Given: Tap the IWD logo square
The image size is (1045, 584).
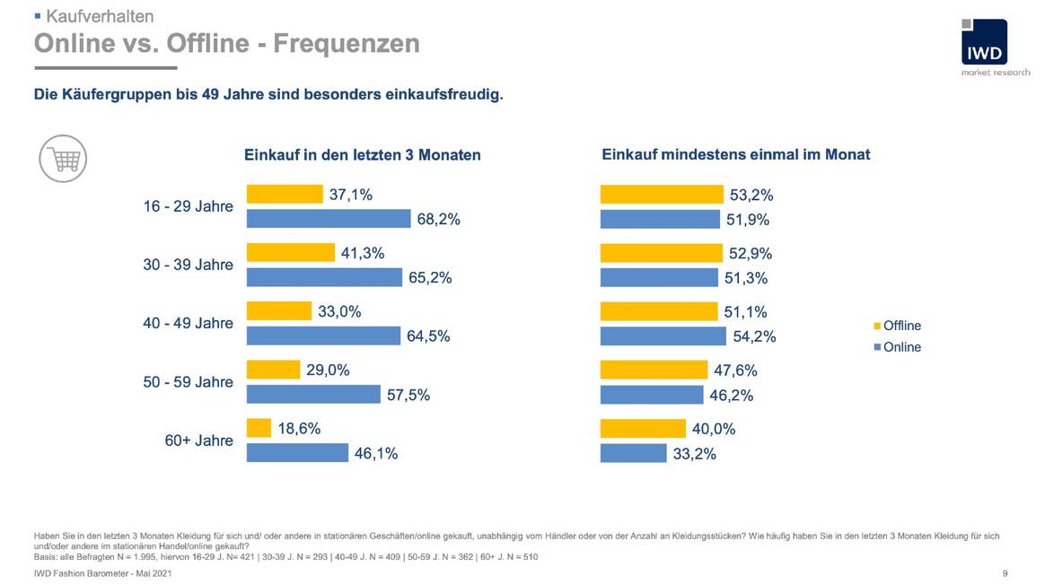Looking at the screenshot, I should click(983, 42).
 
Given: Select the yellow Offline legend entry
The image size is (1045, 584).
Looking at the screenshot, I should click(897, 326).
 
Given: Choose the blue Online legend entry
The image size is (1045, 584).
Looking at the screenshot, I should click(897, 347).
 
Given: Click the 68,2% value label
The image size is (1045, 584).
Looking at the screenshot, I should click(438, 219).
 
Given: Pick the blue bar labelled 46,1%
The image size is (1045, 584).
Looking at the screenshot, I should click(297, 452).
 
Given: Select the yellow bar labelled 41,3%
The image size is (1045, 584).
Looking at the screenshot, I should click(290, 253).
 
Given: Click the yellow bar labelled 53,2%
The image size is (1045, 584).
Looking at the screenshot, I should click(661, 195).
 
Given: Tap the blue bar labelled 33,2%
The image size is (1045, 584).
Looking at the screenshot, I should click(633, 453).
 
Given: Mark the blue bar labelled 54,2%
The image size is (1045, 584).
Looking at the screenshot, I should click(663, 336).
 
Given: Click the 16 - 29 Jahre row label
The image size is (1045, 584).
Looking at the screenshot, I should click(188, 206).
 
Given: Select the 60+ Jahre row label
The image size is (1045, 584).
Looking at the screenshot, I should click(198, 440).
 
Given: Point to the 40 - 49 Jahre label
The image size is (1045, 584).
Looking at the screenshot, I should click(188, 323).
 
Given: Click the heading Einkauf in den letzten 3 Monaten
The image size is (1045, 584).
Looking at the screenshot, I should click(363, 155).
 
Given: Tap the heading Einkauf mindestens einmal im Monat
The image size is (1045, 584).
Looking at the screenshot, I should click(735, 154).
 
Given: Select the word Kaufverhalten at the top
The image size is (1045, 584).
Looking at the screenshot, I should click(100, 16).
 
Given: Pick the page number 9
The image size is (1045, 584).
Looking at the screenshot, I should click(1005, 572).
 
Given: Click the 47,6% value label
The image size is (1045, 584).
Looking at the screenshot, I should click(735, 370).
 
